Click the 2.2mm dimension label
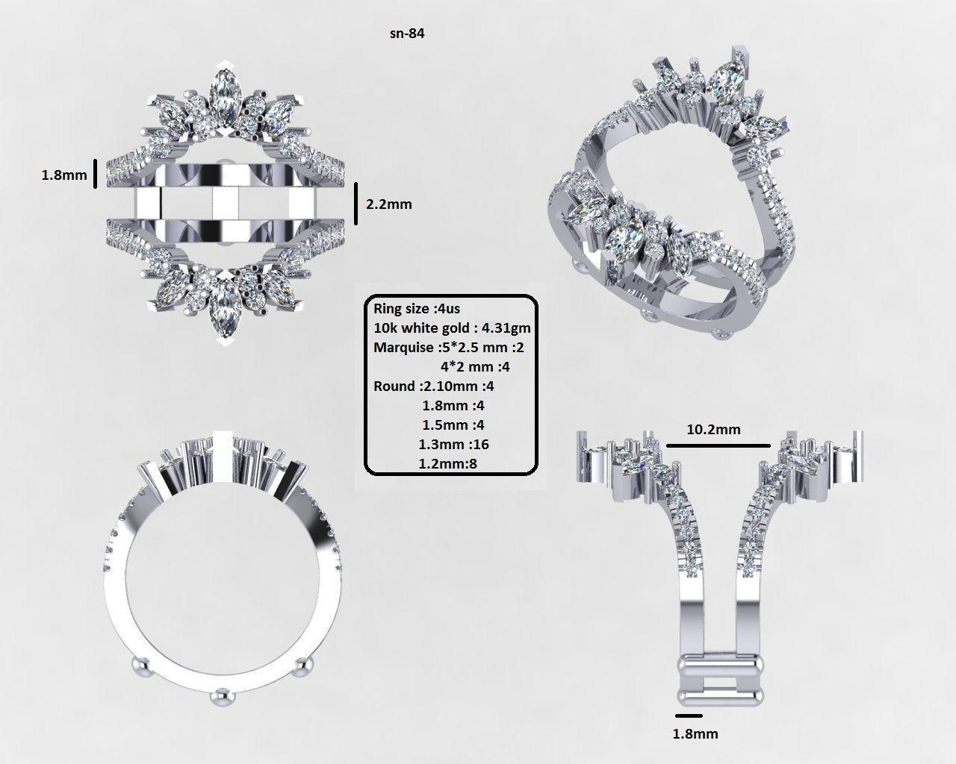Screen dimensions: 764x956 point(388,204)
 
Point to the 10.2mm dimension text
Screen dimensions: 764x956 point(713,429)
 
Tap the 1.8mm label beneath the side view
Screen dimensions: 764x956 point(695,733)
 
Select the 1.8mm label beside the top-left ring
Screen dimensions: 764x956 point(63,176)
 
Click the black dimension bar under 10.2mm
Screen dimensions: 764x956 point(717,445)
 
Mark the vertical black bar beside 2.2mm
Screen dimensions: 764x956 point(356,203)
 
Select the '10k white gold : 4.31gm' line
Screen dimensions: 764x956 point(452,328)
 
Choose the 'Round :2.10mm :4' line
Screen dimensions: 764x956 point(433,386)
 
